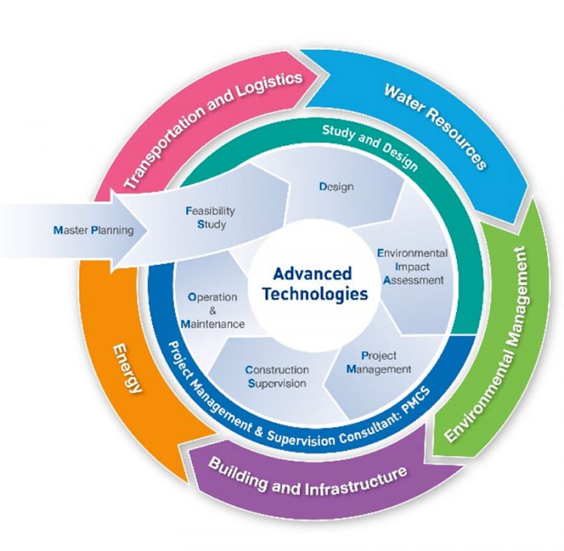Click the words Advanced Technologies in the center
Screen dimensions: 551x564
pyautogui.click(x=314, y=283)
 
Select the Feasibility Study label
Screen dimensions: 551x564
pyautogui.click(x=211, y=217)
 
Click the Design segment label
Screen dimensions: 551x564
pyautogui.click(x=336, y=187)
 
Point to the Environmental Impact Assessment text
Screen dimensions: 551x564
pyautogui.click(x=413, y=267)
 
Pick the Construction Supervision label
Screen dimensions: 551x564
pyautogui.click(x=276, y=377)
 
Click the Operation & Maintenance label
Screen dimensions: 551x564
pyautogui.click(x=212, y=310)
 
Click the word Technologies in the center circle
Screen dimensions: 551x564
pyautogui.click(x=314, y=293)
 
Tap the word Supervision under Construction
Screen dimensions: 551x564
pyautogui.click(x=276, y=383)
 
